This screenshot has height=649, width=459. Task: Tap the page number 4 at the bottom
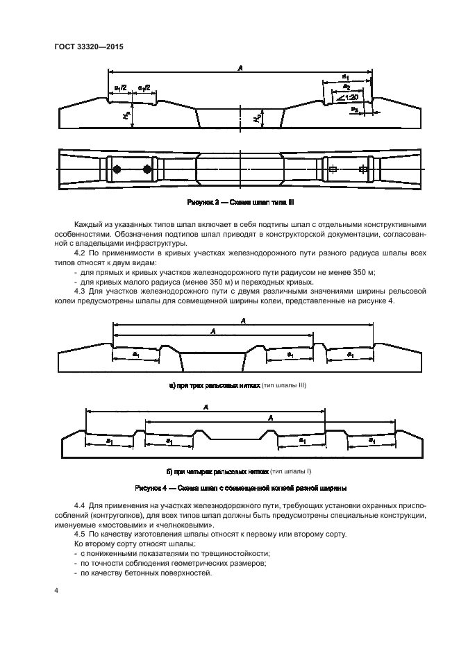(56, 590)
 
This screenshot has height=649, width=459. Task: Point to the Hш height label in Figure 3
(126, 119)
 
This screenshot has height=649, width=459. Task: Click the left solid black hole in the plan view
(117, 170)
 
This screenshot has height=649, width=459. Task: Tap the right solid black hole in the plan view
(147, 170)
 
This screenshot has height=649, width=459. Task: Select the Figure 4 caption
(240, 487)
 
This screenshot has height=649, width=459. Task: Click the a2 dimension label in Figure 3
(346, 86)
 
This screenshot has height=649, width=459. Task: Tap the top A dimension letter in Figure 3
(240, 67)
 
